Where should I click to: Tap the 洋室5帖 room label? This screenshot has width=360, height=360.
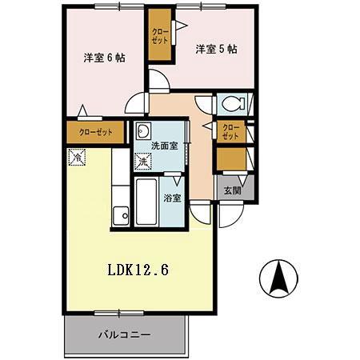[x=216, y=49]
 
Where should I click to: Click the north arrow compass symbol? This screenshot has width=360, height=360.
[x=278, y=278]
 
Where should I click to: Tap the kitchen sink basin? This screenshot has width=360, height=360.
[x=120, y=215]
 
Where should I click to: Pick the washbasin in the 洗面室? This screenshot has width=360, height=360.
[x=144, y=132]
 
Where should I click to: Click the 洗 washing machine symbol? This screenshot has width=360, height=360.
[x=142, y=162]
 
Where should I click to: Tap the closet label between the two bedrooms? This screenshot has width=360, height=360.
[x=159, y=37]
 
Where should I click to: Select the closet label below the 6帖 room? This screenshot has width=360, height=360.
[x=95, y=133]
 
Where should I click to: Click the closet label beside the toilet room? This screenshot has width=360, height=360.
[x=230, y=132]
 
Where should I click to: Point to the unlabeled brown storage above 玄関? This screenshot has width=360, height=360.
[x=230, y=160]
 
